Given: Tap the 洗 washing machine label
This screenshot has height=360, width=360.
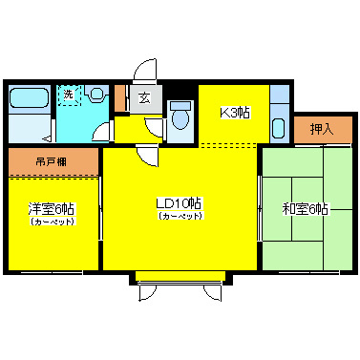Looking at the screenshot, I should coord(69,94).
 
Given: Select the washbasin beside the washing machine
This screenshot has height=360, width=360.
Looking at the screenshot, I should coord(96,95).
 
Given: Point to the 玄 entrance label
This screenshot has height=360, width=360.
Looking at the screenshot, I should coord(143,96).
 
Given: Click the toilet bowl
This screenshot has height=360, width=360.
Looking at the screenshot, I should coord(181,117).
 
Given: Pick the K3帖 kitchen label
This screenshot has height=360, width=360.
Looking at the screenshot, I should coord(236,113).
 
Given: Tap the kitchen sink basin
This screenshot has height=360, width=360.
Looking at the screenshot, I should coord(278,128).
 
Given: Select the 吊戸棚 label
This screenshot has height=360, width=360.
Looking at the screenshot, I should coord(52,160).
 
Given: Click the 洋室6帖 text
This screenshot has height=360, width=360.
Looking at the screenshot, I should coord(52,209).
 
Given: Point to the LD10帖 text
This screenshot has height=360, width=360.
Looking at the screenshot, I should coord(180,203).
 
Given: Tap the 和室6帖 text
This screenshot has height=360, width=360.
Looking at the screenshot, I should coord(305,209).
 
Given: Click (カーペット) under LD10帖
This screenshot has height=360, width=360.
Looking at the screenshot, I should coord(180,217).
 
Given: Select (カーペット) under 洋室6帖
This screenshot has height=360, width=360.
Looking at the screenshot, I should coord(52,222).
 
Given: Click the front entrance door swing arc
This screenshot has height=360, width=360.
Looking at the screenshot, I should coord(144,73).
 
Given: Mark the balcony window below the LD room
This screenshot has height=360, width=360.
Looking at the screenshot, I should coord(180,278).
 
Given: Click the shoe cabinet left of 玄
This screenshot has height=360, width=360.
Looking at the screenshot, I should coord(120,98).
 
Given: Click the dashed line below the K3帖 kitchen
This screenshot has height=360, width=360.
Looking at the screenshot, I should coord(229,145).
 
